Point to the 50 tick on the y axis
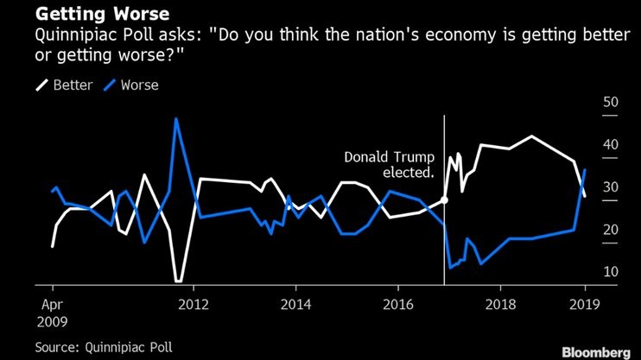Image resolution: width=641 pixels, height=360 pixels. coord(611,103)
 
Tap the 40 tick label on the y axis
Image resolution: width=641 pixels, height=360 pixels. coord(611,145)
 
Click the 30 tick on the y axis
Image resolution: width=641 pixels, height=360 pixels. coord(611,187)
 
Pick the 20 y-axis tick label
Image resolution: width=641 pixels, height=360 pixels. coord(611,230)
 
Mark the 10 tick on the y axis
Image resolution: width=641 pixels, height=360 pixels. coord(611,272)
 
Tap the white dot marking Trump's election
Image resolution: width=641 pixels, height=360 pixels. coord(444,200)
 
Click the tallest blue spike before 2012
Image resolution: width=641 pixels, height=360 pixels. coord(176,119)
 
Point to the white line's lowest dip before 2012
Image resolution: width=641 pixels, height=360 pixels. coord(178,281)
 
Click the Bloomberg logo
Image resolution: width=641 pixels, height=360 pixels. coord(596,351)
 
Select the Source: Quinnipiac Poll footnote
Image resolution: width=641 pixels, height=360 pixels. coord(104,346)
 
